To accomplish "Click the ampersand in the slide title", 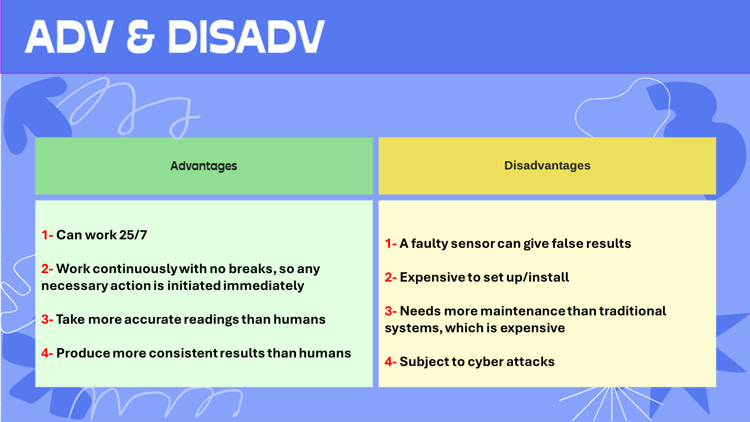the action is click(x=141, y=36).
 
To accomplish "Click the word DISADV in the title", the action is click(x=246, y=36).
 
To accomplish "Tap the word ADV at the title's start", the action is click(x=69, y=36).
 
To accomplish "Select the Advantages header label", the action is click(x=204, y=166).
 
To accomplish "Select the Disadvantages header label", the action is click(x=547, y=165).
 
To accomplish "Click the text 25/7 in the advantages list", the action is click(x=133, y=235).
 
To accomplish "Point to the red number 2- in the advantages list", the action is click(x=47, y=269).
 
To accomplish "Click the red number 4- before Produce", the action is click(x=47, y=353).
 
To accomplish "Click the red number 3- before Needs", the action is click(x=391, y=311).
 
